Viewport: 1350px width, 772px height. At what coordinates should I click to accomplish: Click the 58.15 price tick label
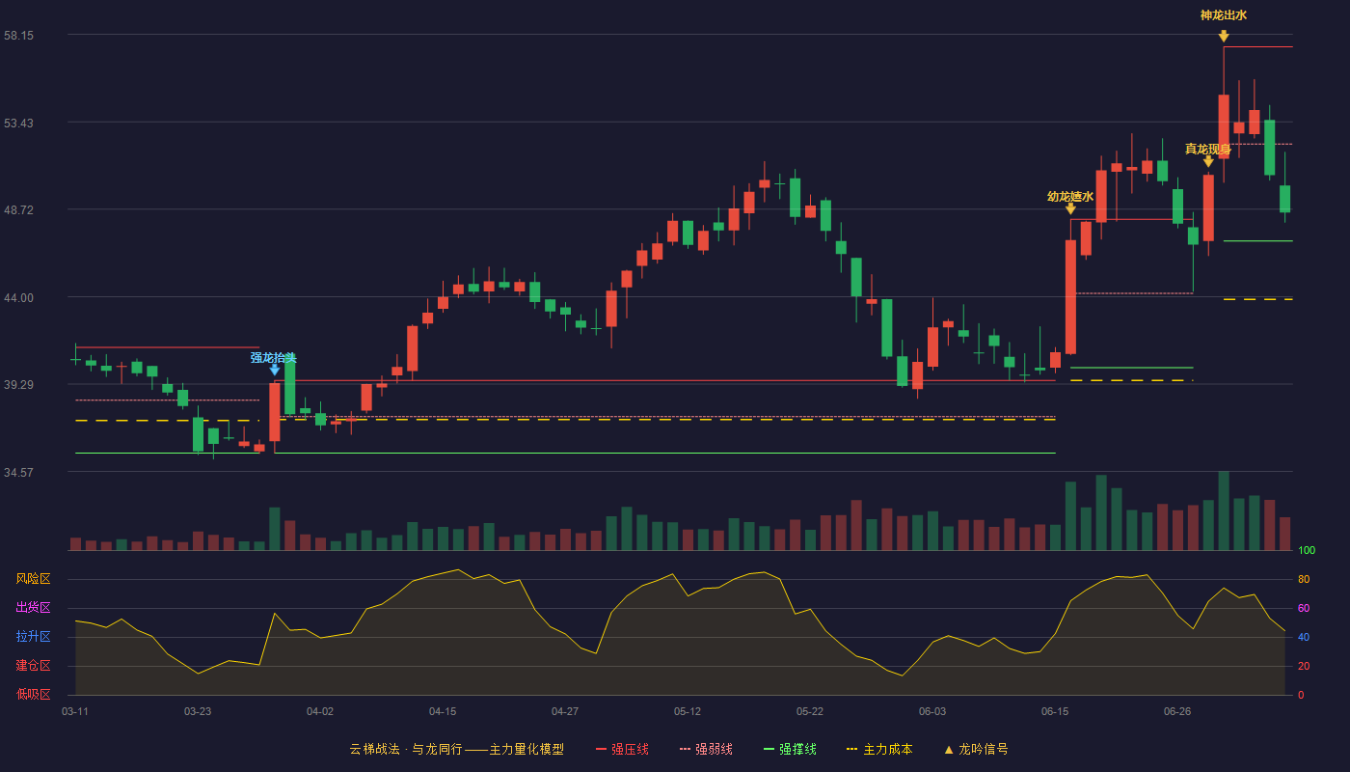pos(18,36)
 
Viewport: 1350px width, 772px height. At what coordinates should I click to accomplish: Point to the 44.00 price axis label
pos(18,298)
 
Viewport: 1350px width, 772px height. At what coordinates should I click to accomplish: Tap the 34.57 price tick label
pos(18,473)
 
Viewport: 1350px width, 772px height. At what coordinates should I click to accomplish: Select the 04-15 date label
pos(443,712)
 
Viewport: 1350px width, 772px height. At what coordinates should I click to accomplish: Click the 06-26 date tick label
pos(1177,712)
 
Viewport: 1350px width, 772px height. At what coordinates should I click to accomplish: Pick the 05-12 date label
pos(687,712)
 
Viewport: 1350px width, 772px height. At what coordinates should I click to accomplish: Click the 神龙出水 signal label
pos(1224,15)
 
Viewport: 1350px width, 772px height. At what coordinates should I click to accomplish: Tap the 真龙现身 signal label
pos(1207,149)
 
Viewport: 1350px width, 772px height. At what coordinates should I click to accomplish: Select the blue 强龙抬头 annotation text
pos(274,358)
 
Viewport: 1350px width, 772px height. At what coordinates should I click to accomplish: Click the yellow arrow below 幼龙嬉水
pos(1070,208)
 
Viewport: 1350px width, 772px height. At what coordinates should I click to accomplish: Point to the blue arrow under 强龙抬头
pos(274,370)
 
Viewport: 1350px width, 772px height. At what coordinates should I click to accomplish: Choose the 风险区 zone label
pos(33,579)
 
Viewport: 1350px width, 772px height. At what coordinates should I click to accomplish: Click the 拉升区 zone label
pos(33,637)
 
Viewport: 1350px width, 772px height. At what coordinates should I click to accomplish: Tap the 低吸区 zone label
pos(33,695)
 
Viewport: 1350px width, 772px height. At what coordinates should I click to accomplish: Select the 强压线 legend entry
pos(622,750)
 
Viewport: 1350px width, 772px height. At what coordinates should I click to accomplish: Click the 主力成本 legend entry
pos(879,750)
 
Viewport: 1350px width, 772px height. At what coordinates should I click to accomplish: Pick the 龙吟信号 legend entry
pos(976,750)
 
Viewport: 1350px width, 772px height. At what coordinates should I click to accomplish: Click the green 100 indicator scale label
pos(1307,551)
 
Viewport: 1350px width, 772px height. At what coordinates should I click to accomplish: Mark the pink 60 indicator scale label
pos(1304,609)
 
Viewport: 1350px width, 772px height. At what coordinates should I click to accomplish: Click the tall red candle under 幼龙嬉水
pos(1070,297)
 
